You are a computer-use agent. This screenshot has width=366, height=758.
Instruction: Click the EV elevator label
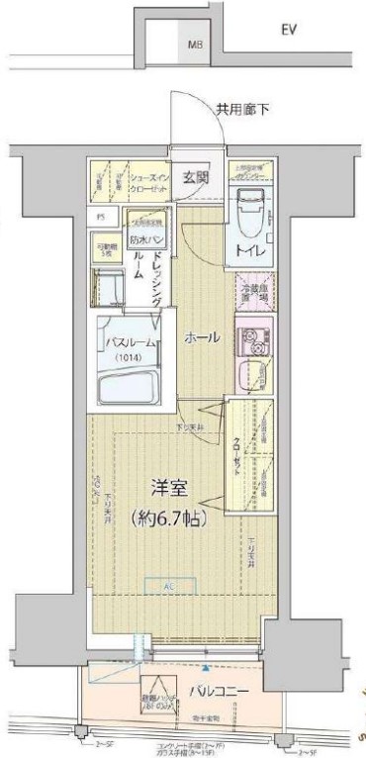290,31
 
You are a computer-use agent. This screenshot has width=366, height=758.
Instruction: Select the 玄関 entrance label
196,178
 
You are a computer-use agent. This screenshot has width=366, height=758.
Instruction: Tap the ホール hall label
202,338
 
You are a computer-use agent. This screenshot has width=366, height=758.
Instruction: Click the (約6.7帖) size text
167,516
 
